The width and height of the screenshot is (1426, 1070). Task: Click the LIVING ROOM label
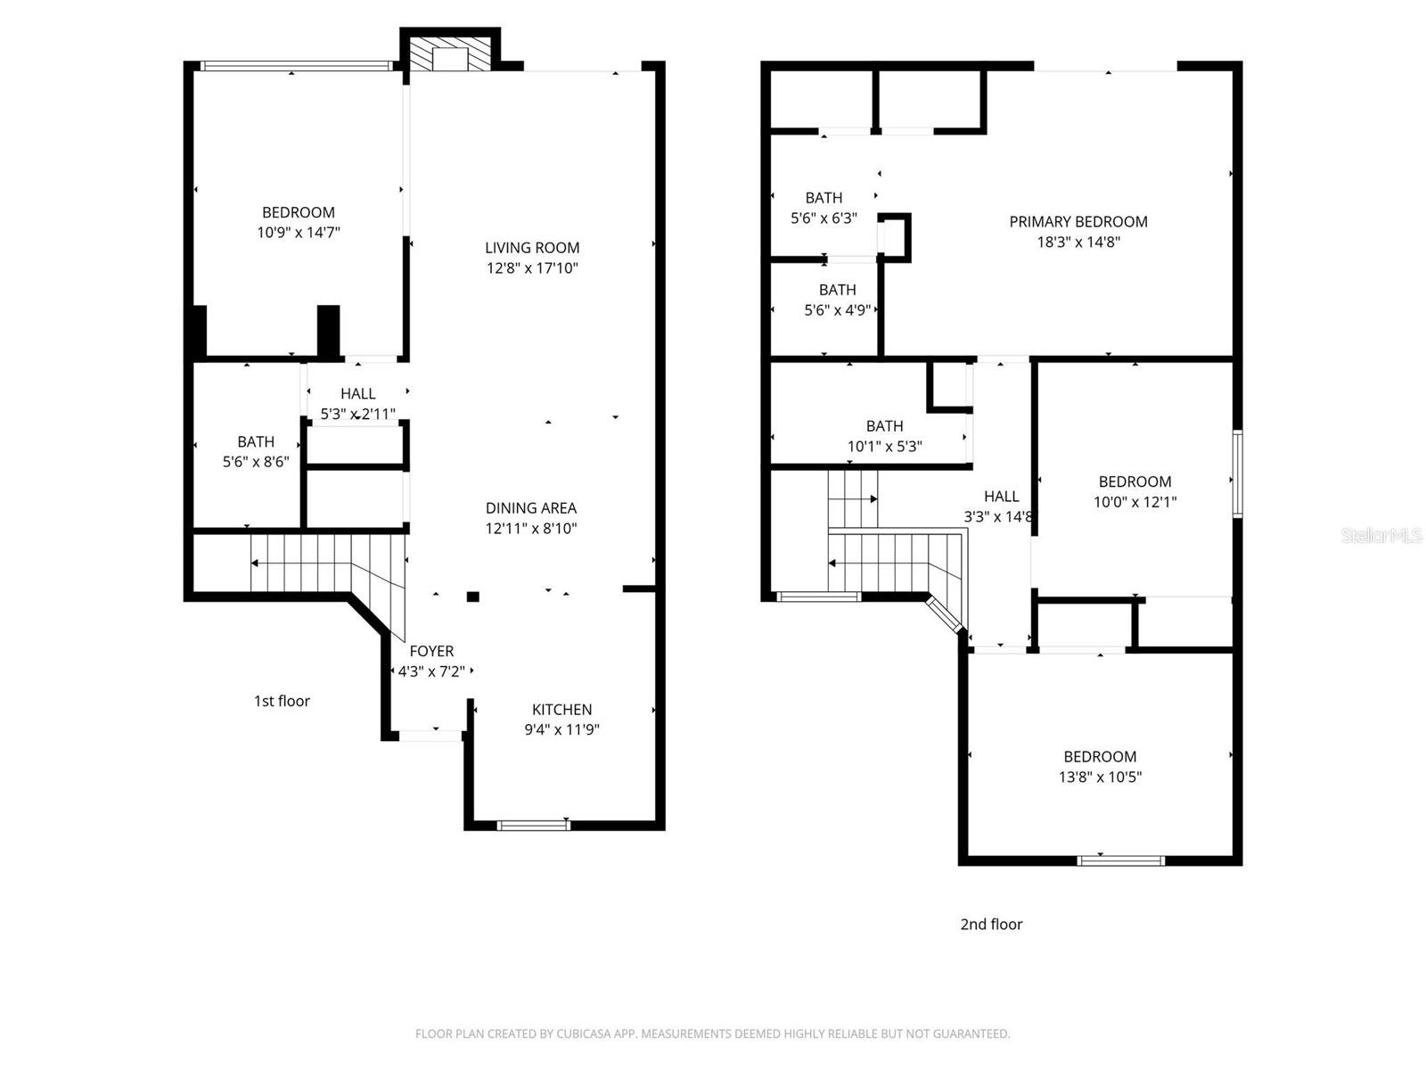click(x=532, y=248)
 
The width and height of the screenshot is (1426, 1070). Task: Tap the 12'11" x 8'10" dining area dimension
click(x=532, y=528)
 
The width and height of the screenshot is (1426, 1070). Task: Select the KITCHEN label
click(x=561, y=710)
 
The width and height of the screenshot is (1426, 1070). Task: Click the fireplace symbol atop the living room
click(x=450, y=52)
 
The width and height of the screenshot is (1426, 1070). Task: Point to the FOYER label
click(x=431, y=652)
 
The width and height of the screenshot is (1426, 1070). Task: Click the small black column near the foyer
click(x=473, y=597)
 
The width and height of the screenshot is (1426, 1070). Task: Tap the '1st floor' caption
click(x=282, y=701)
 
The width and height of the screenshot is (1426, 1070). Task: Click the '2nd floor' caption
click(x=991, y=925)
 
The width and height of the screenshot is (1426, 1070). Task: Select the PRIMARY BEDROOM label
click(x=1078, y=222)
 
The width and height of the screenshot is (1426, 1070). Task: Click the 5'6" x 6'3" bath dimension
click(x=824, y=218)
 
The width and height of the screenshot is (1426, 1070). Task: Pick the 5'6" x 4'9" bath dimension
click(x=837, y=310)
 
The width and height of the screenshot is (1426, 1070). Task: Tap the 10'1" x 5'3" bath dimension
click(x=884, y=447)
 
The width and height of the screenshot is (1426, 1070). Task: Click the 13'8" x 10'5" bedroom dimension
click(x=1100, y=777)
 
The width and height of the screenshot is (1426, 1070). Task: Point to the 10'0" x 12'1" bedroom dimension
click(x=1135, y=502)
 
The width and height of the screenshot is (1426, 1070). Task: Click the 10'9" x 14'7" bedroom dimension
click(x=299, y=233)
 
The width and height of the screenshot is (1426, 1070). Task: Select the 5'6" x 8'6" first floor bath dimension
click(x=256, y=462)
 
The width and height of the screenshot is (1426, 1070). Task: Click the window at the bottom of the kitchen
click(x=533, y=825)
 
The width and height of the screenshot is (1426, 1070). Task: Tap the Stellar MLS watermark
click(x=1381, y=536)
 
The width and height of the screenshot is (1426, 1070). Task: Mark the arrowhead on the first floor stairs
click(x=255, y=563)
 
